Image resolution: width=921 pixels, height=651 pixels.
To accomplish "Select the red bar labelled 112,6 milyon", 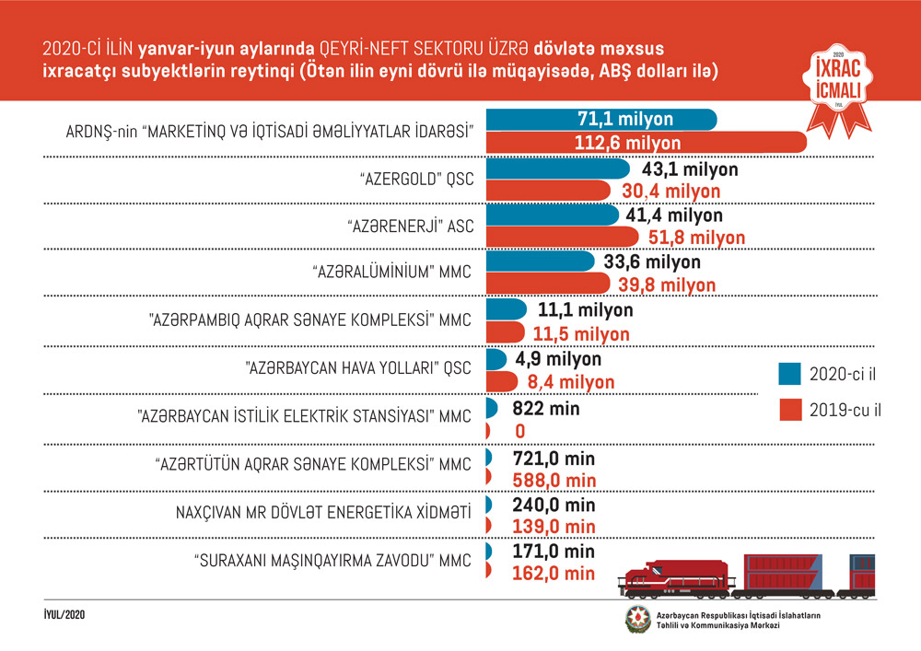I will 645,143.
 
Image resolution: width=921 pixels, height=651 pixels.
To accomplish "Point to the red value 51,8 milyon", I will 696,238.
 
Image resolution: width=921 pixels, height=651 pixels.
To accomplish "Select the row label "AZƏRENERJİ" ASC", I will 411,227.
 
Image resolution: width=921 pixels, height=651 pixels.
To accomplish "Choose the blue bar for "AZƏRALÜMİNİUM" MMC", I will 540,262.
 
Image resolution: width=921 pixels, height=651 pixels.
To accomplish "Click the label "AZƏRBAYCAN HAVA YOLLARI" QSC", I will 358,367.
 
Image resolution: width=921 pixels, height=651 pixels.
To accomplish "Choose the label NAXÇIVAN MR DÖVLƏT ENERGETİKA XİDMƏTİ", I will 323,511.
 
